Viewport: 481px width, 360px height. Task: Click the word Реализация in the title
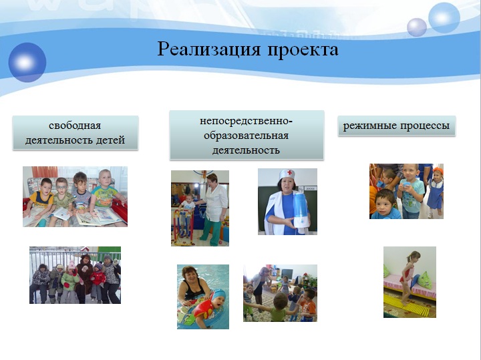209,49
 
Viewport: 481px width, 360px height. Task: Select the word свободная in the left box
75,126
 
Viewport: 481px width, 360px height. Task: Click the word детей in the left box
110,140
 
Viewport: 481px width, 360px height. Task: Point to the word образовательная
246,136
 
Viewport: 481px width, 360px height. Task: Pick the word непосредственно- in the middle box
247,121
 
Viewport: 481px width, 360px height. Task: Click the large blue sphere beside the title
27,62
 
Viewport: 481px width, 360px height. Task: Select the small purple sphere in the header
417,27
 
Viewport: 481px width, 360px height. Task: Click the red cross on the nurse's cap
289,172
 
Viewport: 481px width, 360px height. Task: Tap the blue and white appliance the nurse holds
301,210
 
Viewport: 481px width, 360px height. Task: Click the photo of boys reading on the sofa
75,196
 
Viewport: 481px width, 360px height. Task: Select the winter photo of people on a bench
75,275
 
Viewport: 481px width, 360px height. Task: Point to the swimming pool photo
203,297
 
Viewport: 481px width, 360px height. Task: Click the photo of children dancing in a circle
280,293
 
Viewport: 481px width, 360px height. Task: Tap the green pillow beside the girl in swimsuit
425,281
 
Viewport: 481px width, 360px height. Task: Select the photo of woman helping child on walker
200,208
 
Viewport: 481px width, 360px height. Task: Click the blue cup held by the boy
407,185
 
